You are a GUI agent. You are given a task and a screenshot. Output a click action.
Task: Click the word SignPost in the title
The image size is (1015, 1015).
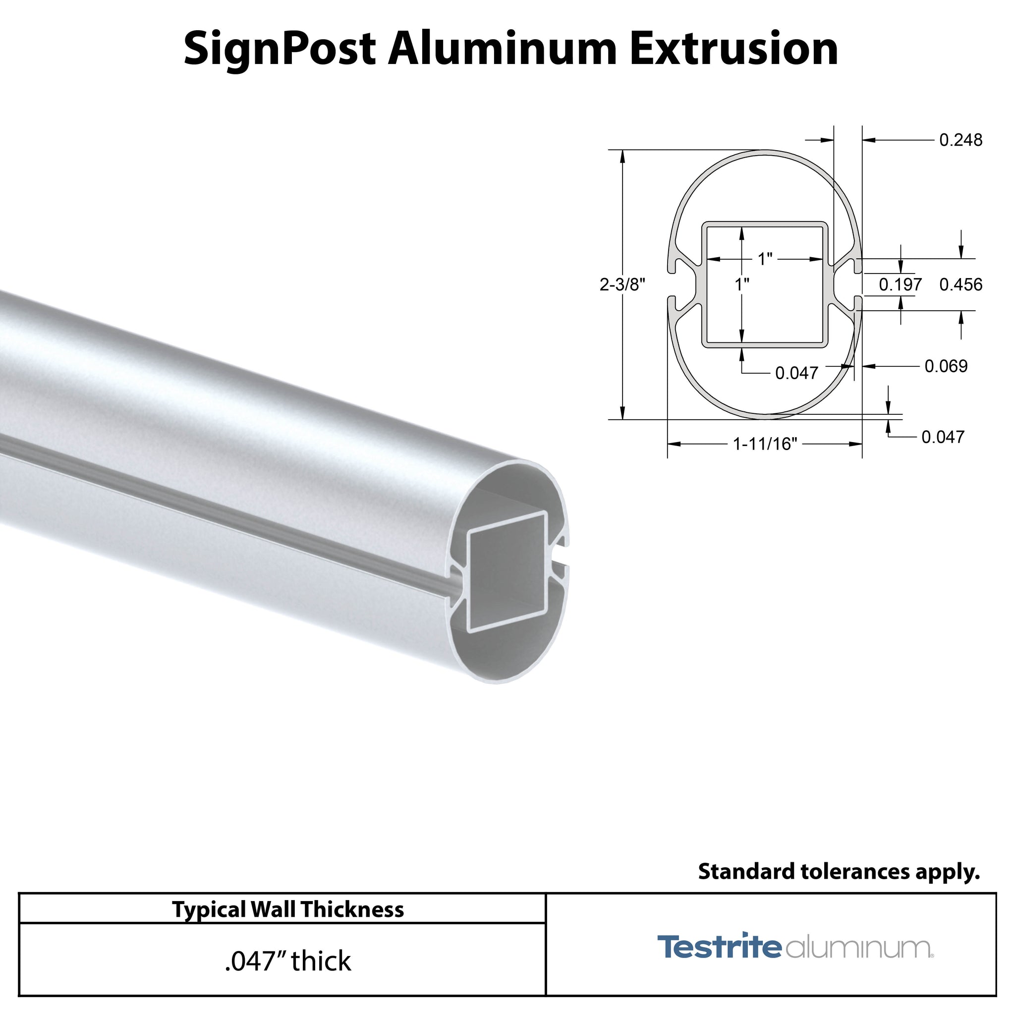279,50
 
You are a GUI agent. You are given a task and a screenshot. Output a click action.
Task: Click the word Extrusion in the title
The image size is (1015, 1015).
733,49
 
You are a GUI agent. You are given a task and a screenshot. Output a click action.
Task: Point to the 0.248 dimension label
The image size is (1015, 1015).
960,140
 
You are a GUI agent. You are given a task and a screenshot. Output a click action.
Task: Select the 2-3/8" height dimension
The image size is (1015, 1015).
622,285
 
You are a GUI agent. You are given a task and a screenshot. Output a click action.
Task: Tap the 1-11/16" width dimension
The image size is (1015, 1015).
765,445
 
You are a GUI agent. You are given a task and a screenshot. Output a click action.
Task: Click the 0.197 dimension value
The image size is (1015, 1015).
900,285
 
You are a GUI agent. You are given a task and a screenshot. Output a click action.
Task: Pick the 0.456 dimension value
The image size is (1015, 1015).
960,285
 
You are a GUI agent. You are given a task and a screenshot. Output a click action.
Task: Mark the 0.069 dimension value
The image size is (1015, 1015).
946,366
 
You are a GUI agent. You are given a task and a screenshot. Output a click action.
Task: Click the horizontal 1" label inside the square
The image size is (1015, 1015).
765,259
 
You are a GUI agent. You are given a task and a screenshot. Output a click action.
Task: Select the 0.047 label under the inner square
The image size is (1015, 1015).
796,373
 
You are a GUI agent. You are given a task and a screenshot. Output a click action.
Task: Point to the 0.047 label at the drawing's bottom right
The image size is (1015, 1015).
943,437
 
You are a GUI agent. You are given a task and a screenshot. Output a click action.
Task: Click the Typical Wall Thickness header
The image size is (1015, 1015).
288,909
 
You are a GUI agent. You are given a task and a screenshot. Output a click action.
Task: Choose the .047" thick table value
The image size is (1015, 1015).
288,961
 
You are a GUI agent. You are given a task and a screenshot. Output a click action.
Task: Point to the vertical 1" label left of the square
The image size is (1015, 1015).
742,285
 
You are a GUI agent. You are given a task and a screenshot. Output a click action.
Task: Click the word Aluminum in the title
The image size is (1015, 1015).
502,50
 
